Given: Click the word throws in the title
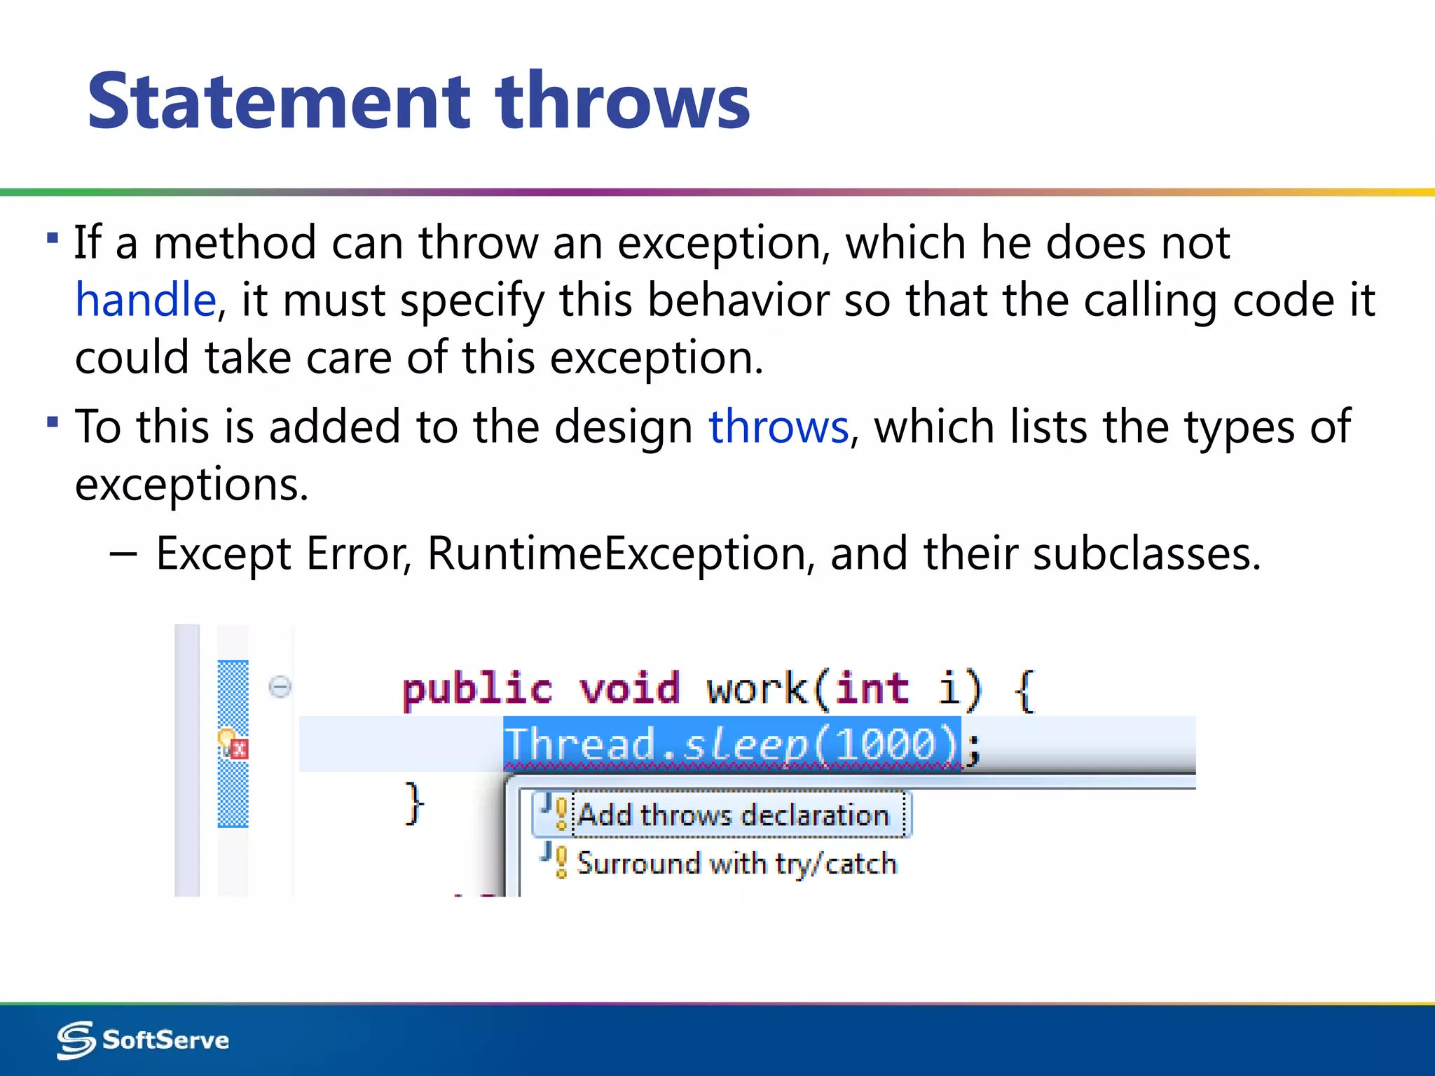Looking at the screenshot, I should point(622,102).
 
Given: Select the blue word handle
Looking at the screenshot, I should point(146,300).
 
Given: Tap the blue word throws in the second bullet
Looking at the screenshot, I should point(778,427).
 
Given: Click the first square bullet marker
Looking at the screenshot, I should point(53,237).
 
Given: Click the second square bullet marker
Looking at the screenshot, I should point(53,422).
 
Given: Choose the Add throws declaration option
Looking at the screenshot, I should point(732,815).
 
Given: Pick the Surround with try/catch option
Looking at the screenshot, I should point(736,863).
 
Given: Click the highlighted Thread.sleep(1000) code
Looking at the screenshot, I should point(732,744).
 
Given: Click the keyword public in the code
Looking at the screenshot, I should point(477,689).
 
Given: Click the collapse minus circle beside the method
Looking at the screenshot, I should point(280,686).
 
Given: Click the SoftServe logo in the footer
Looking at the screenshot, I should point(143,1040).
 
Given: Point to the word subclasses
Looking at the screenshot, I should point(1146,553).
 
